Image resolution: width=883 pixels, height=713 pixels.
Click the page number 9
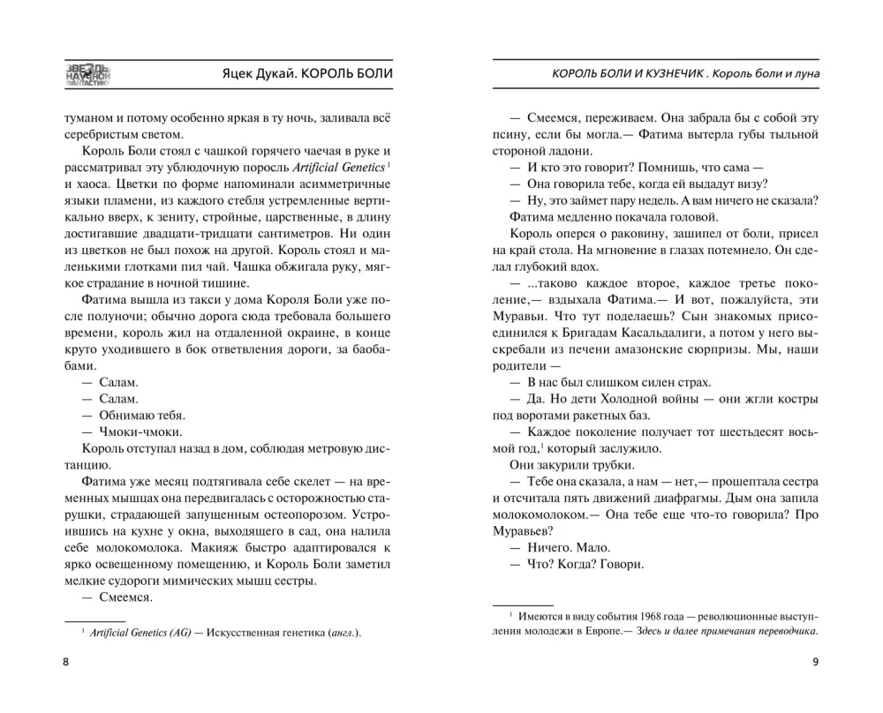(x=815, y=663)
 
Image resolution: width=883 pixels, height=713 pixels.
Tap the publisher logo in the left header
(x=87, y=77)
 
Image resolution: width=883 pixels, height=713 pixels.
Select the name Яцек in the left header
(x=242, y=74)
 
